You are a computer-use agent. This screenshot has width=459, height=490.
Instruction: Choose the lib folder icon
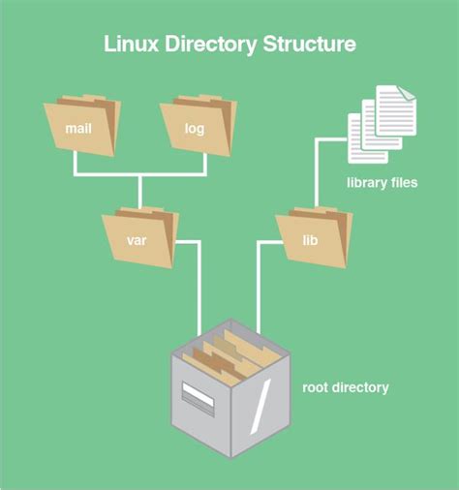click(x=312, y=235)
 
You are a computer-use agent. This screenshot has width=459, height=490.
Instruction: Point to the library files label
click(x=382, y=182)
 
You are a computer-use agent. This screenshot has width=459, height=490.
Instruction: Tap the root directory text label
click(x=345, y=387)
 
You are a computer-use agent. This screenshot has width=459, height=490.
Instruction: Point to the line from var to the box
click(x=199, y=291)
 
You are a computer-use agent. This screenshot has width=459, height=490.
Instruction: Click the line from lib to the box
click(x=258, y=291)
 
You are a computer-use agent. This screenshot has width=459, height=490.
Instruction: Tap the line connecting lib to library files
click(x=314, y=169)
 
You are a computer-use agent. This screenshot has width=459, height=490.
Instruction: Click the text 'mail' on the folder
click(x=78, y=128)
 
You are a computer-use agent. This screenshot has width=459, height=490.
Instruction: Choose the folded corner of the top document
click(x=406, y=93)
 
